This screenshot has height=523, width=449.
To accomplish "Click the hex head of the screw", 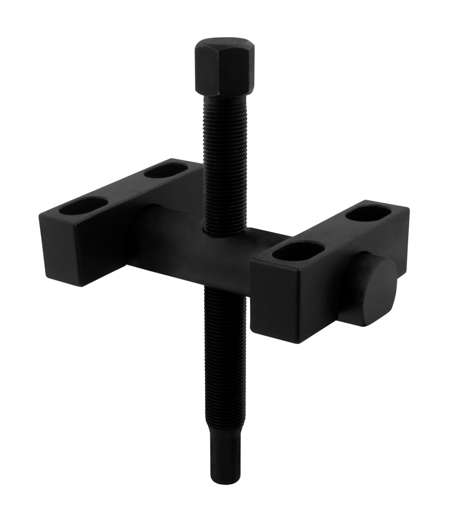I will (x=224, y=69).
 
